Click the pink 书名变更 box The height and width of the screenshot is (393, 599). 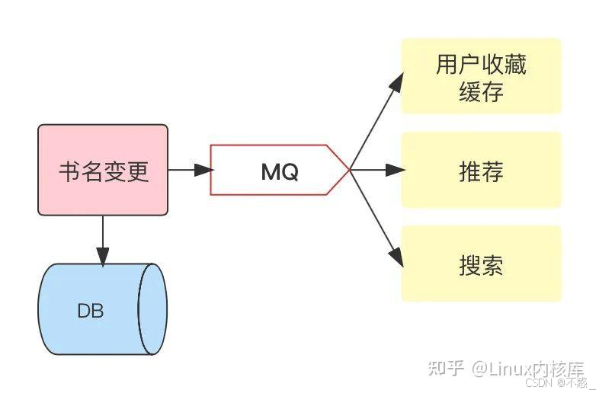tap(103, 170)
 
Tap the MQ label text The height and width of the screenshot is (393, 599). tap(280, 172)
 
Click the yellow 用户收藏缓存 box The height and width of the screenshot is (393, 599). tap(481, 76)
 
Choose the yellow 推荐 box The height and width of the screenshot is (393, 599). tap(481, 170)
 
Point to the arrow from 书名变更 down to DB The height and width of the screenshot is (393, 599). tap(103, 239)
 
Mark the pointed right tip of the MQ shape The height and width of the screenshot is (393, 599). tap(349, 170)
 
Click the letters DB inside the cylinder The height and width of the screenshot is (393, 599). tap(91, 311)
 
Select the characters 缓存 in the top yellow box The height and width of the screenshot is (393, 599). tap(481, 91)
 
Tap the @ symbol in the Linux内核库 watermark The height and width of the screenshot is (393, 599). tap(480, 370)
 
